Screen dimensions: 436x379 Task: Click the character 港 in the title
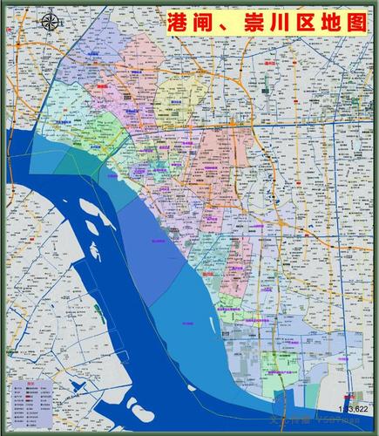178,24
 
